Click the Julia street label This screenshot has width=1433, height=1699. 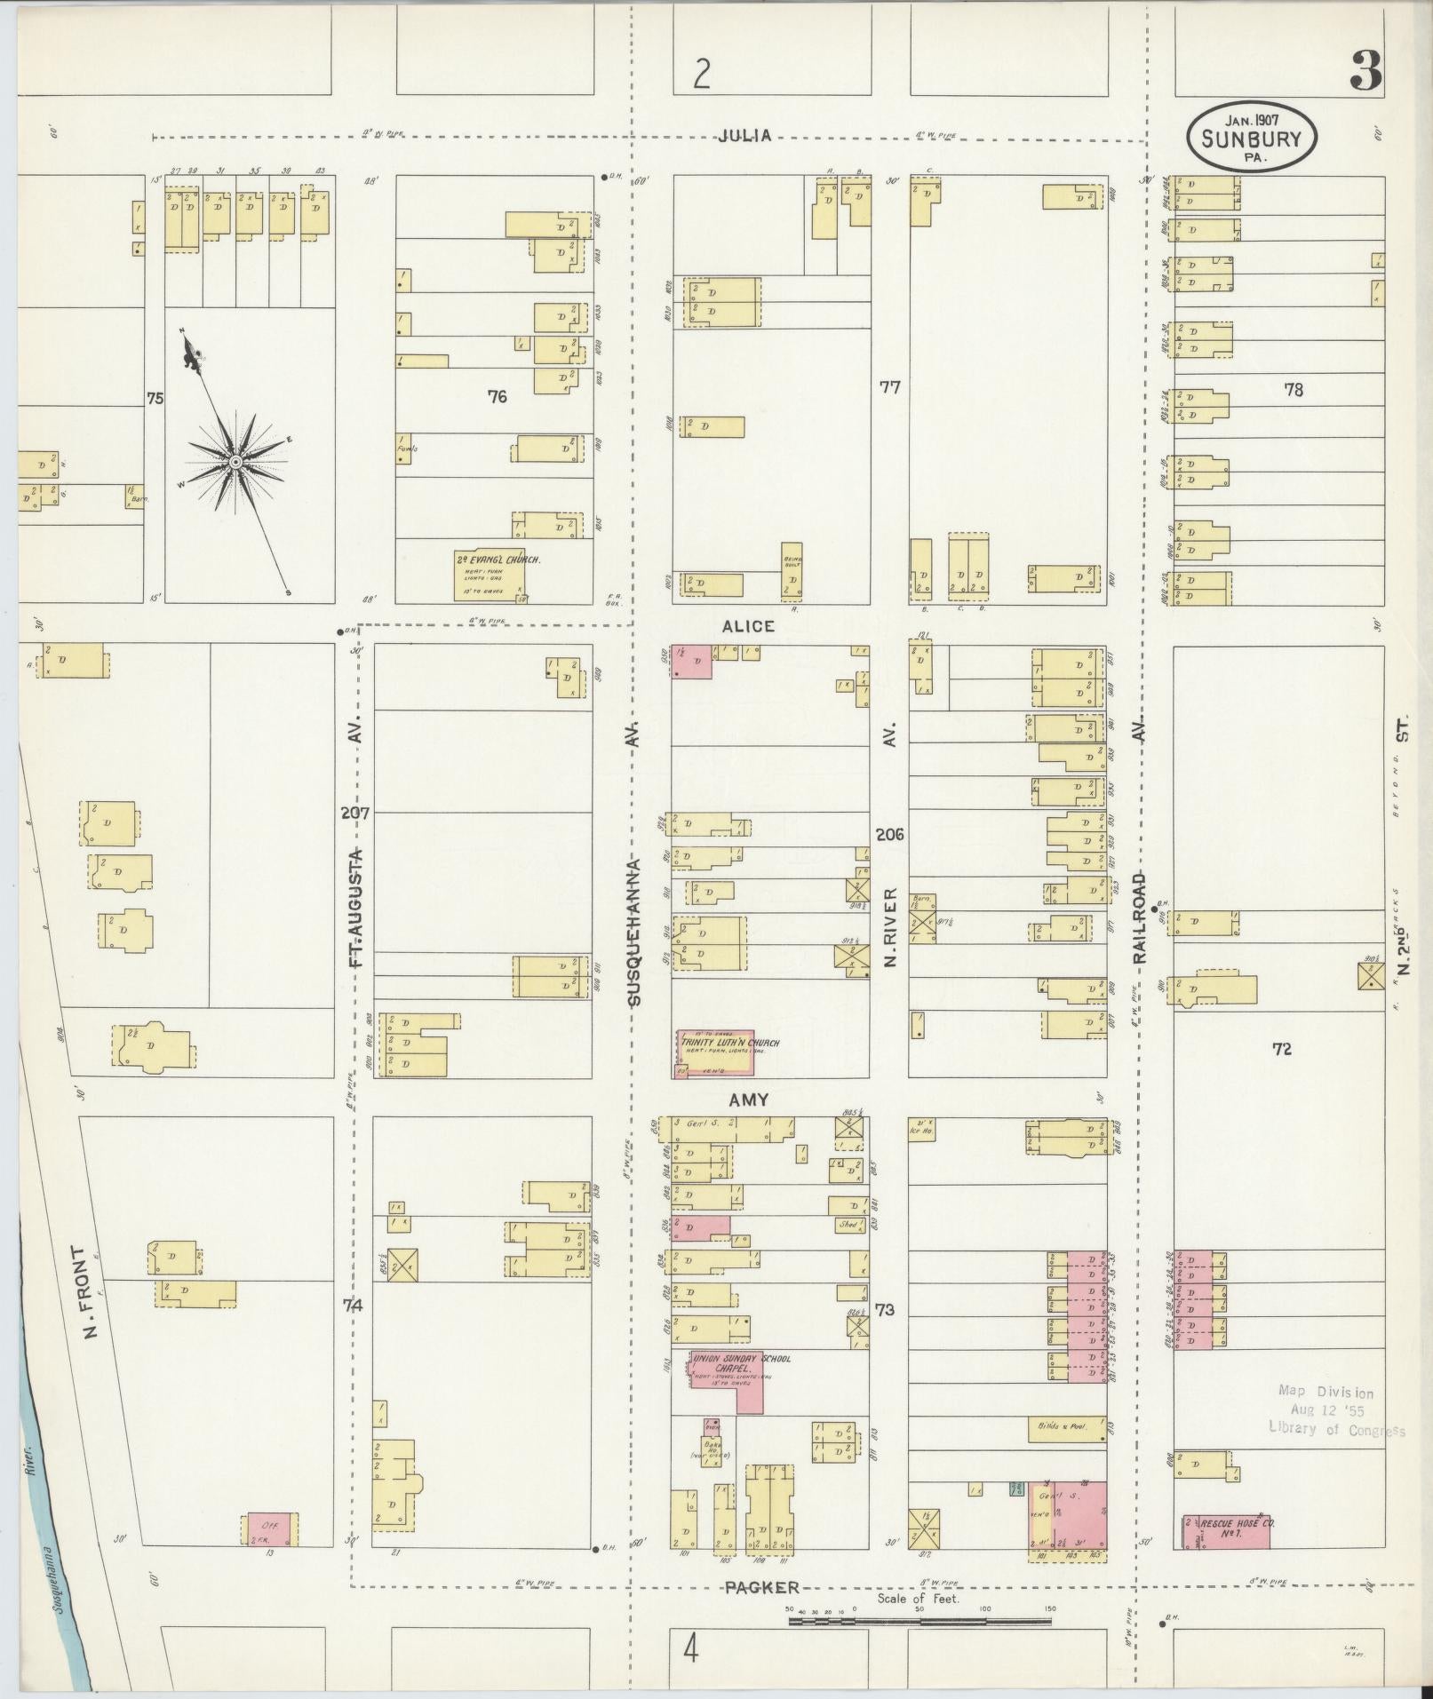tap(744, 136)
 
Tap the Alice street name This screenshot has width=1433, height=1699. tap(748, 626)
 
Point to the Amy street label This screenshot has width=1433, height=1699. tap(748, 1100)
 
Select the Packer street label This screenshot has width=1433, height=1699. tap(761, 1587)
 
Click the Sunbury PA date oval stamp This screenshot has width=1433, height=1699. tap(1251, 136)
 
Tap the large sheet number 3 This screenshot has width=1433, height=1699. tap(1365, 71)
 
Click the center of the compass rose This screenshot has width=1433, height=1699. tap(235, 463)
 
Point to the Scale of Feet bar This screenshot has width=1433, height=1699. tap(920, 1621)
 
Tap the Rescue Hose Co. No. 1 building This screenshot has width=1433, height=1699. tap(1225, 1532)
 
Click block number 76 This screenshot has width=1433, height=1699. tap(497, 397)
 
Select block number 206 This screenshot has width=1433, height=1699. tap(889, 834)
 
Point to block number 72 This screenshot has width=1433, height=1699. tap(1281, 1049)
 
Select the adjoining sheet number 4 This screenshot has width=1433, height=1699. tap(690, 1651)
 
